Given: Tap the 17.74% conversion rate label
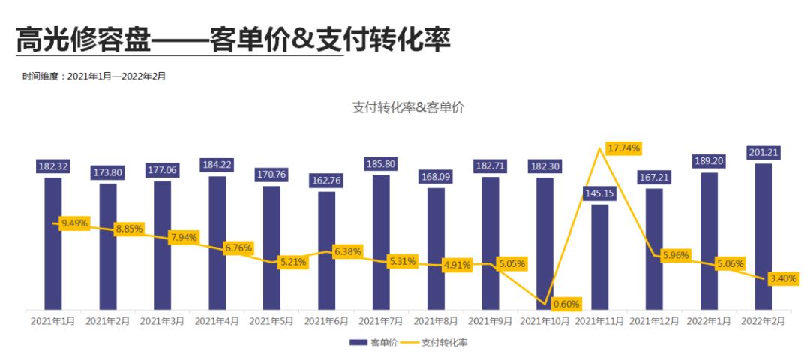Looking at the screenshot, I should tap(624, 148).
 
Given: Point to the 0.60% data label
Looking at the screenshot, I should tap(566, 304).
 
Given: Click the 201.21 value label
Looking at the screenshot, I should tap(763, 153).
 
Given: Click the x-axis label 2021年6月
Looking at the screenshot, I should tap(326, 321).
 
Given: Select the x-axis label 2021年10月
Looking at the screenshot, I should tap(546, 321).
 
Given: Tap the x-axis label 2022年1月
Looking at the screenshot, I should tap(709, 321).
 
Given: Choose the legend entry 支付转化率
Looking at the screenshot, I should tap(439, 342).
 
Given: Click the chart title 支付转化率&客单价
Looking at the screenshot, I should tap(408, 107).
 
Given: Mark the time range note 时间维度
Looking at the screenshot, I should tap(94, 76).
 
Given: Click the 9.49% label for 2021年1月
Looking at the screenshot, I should tap(74, 223).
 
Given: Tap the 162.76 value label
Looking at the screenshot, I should tap(326, 181).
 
